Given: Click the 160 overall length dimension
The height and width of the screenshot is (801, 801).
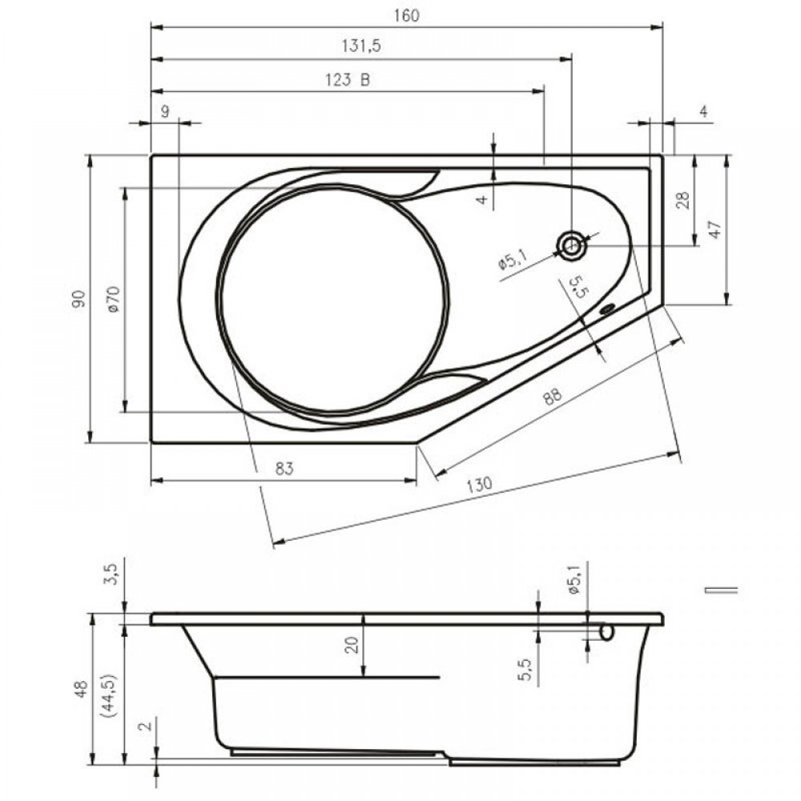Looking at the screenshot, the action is point(407,16).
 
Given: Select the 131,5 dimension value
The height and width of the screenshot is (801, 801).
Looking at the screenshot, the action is point(361,46).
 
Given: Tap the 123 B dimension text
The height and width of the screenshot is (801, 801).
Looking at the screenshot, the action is point(348,79).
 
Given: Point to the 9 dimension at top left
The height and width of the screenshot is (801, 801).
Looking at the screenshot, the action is point(165,111).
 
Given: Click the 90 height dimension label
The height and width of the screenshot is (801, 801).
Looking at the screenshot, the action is point(78,298).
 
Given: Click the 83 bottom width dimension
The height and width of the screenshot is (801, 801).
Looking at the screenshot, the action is point(284,468).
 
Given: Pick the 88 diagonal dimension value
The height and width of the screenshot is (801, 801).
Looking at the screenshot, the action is point(552,396).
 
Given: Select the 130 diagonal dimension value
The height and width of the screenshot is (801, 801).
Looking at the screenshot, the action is point(479,484).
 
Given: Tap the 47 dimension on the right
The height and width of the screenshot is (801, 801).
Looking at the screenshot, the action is point(715,229).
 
